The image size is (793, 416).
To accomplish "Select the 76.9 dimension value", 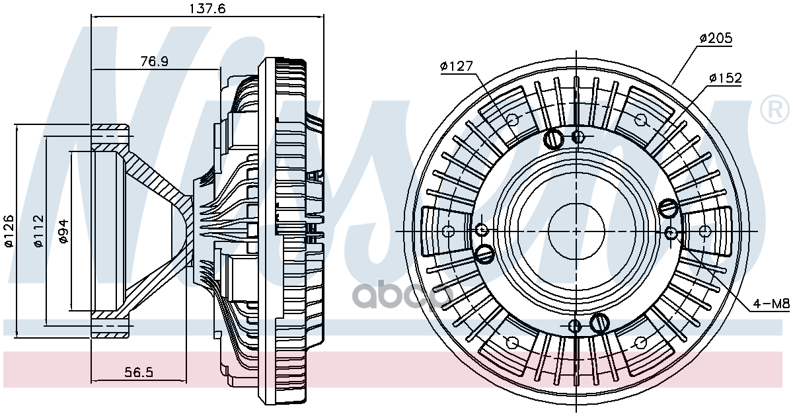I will pyautogui.click(x=154, y=61).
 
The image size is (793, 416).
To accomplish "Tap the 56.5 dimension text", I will pyautogui.click(x=139, y=372).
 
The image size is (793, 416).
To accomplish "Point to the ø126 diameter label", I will pyautogui.click(x=9, y=231).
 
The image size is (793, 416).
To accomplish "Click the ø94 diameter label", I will pyautogui.click(x=63, y=231).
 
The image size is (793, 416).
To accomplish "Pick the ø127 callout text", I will pyautogui.click(x=456, y=66).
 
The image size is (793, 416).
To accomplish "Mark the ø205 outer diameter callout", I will pyautogui.click(x=716, y=38).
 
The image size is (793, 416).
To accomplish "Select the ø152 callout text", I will pyautogui.click(x=725, y=78).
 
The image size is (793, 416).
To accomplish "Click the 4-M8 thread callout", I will pyautogui.click(x=771, y=304).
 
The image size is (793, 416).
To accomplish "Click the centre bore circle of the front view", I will pyautogui.click(x=576, y=231).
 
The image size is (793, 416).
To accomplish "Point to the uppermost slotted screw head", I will pyautogui.click(x=552, y=139).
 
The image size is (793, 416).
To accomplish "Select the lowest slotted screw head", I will pyautogui.click(x=599, y=323).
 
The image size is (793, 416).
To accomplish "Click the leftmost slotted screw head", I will pyautogui.click(x=484, y=253).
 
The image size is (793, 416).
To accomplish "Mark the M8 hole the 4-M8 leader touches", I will pyautogui.click(x=671, y=232).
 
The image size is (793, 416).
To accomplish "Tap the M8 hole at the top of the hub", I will pyautogui.click(x=578, y=137).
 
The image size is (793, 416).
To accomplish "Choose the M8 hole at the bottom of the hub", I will pyautogui.click(x=575, y=325).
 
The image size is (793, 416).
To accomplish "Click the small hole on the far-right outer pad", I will pyautogui.click(x=704, y=231).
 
